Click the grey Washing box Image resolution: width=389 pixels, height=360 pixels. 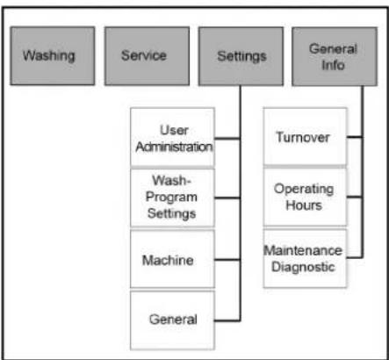coord(53,56)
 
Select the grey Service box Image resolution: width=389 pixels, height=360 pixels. coord(147,56)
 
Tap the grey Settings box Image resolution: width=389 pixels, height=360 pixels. coord(241,56)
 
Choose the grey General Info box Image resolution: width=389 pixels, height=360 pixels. coord(335,56)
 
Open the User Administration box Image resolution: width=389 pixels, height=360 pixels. coord(173,137)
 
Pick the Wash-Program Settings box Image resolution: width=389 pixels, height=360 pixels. coord(173,198)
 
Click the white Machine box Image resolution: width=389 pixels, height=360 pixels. coord(173,259)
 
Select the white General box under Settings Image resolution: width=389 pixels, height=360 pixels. coord(173,320)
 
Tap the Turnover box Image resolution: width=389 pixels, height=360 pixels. coord(306,137)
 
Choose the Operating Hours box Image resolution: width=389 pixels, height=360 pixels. coord(306,197)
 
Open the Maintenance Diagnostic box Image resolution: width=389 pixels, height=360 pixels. coord(306,258)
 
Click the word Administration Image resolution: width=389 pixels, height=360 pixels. coord(174,147)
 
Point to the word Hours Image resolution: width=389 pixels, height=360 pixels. coord(304,205)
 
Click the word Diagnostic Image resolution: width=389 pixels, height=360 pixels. coord(303,267)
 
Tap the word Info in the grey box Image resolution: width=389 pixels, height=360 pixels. coord(333,65)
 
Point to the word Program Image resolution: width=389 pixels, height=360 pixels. coord(171,197)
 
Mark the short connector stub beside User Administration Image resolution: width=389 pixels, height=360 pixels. coord(227,139)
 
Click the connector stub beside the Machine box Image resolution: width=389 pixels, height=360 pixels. coord(227,260)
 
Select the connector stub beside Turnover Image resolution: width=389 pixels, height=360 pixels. coord(355,137)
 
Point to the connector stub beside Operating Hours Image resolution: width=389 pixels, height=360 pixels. coord(355,197)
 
